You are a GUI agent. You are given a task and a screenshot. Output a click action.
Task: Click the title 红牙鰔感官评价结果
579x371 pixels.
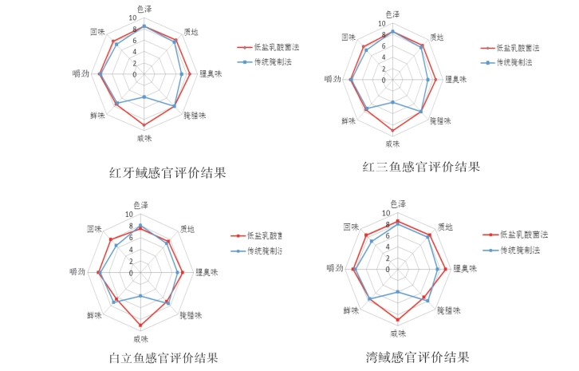pos(167,172)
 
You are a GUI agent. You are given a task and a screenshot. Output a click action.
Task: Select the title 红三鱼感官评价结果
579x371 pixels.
pos(420,167)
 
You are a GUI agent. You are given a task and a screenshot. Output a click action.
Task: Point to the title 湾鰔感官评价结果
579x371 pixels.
pos(417,357)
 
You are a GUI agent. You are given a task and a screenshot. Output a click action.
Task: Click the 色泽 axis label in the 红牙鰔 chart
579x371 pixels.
pos(144,9)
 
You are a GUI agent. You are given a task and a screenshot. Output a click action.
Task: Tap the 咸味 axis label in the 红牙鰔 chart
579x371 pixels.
pos(144,138)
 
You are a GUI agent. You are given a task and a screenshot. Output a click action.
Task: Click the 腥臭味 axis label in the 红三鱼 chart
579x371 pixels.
pos(455,79)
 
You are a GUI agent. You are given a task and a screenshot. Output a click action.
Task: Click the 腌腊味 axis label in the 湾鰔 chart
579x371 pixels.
pos(449,310)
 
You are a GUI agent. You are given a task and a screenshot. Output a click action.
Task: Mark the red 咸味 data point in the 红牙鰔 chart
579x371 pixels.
pos(144,125)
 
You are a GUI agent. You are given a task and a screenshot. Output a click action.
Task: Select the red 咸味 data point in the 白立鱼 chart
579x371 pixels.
pos(140,326)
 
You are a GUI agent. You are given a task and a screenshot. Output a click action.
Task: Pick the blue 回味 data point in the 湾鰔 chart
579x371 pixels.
pos(372,242)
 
